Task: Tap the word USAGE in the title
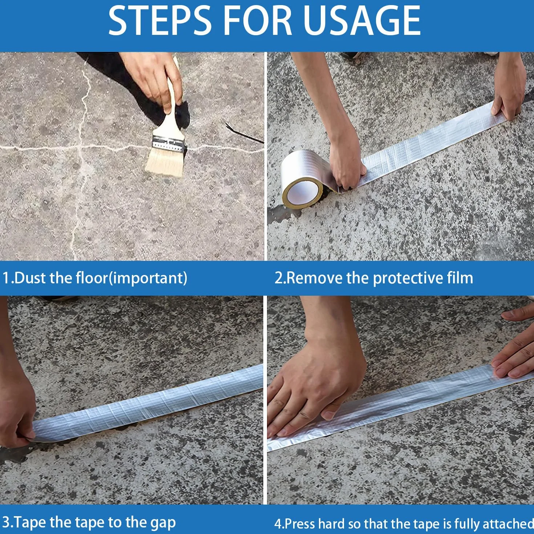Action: tap(362, 22)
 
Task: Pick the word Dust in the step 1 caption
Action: tap(30, 278)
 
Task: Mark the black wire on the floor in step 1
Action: tap(244, 133)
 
